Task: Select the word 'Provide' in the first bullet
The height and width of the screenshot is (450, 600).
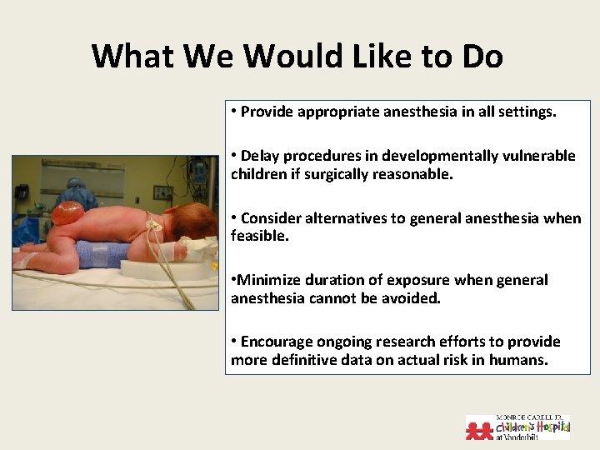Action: click(267, 112)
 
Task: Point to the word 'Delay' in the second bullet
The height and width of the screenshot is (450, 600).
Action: click(259, 156)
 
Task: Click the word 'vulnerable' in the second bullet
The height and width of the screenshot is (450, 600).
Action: click(541, 156)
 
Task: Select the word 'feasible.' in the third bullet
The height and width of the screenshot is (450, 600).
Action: click(258, 237)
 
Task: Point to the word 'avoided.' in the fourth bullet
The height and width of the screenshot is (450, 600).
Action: click(412, 298)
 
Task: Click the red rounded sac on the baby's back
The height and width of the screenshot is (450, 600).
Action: click(68, 214)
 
